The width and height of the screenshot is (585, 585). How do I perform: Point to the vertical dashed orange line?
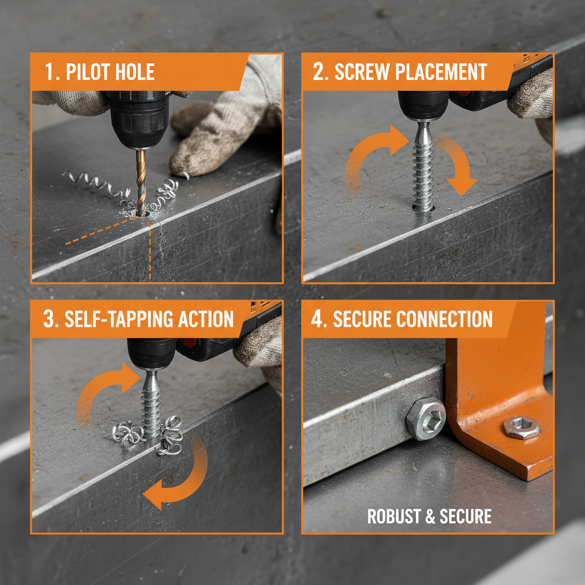(150, 251)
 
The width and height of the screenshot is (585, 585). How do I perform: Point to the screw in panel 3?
(151, 403)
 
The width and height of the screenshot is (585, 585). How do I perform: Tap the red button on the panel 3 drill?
(189, 343)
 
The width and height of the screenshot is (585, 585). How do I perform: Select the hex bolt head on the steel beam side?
(426, 419)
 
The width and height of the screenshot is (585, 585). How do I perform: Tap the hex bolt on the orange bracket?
(522, 427)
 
